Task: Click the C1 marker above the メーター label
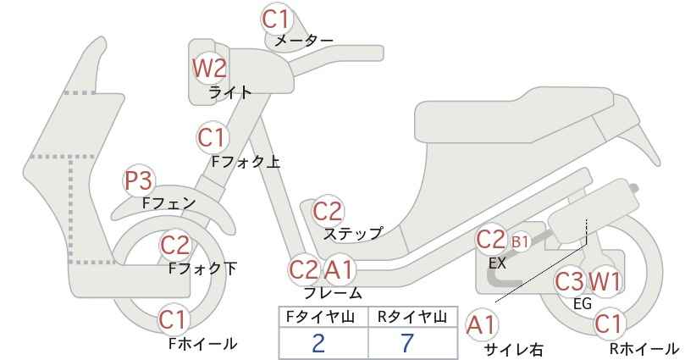point(275,19)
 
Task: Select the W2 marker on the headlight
point(209,69)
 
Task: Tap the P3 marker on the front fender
point(138,180)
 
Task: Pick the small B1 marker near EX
point(520,241)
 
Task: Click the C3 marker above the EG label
point(570,281)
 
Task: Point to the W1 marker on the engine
point(604,281)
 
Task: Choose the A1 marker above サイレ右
point(481,324)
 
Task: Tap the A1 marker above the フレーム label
point(339,269)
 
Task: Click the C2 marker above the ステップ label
point(328,211)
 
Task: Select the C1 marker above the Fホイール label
point(172,319)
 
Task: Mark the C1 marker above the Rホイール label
point(608,324)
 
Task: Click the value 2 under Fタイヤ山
point(318,343)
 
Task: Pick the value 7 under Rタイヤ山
point(406,343)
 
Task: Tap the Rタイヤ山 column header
point(412,317)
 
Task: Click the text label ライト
point(230,92)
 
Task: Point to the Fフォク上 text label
point(246,162)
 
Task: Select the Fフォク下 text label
point(203,269)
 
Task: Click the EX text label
point(497,263)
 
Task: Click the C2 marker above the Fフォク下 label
point(175,245)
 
